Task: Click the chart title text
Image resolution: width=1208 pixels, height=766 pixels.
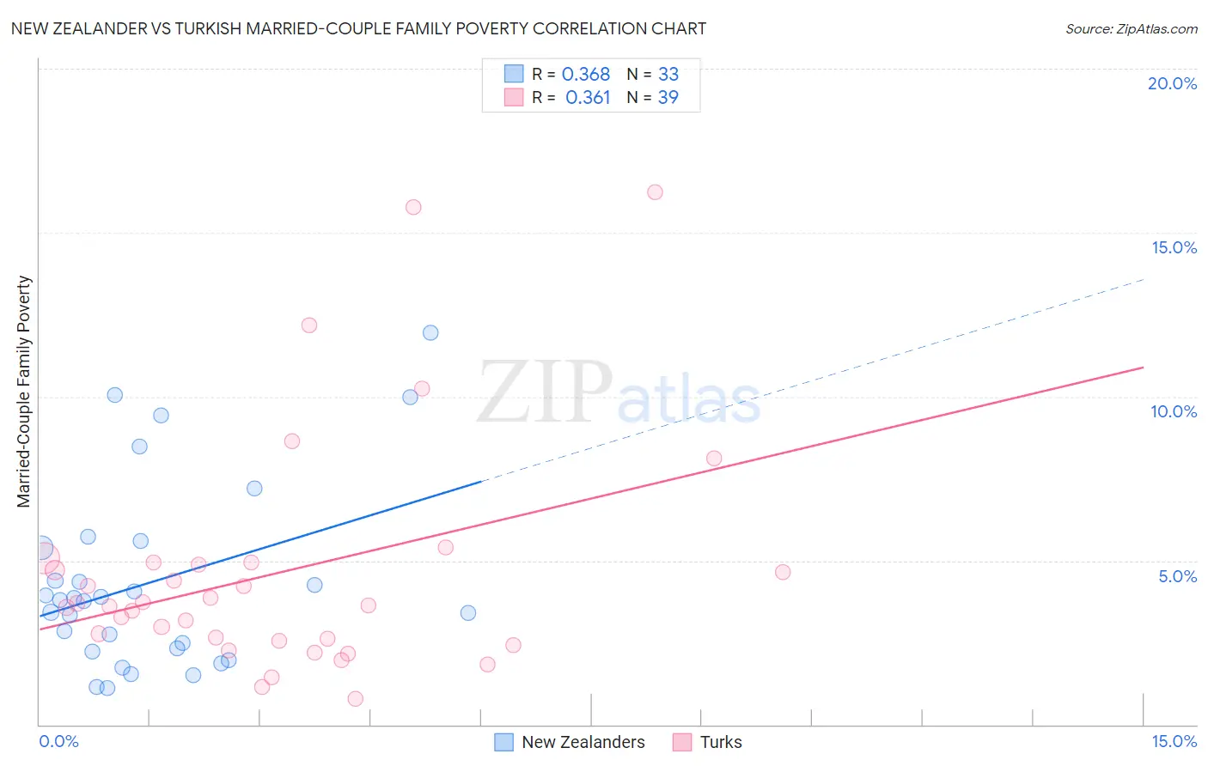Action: (358, 28)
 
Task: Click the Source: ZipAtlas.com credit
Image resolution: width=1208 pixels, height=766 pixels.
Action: (1131, 29)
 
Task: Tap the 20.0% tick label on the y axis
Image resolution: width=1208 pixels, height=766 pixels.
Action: (1172, 83)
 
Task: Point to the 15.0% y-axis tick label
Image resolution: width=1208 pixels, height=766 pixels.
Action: (1174, 247)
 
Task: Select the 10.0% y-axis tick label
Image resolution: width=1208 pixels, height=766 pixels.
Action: (1174, 411)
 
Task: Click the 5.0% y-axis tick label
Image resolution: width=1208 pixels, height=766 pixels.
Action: (1177, 576)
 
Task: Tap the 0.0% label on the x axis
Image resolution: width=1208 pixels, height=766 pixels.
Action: (58, 741)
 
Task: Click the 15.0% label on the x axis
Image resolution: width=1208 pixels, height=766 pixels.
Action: (1174, 741)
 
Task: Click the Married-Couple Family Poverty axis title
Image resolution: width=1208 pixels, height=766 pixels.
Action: (24, 392)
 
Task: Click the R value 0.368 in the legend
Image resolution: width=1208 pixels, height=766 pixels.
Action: (586, 75)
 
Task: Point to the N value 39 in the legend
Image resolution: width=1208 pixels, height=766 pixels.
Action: (668, 98)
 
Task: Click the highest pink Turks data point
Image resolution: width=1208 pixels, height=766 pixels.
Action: (655, 192)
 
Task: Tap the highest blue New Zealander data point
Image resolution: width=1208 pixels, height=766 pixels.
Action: (430, 332)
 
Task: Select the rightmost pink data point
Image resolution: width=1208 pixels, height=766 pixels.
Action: (782, 572)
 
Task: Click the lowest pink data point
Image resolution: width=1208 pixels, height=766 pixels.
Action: (355, 699)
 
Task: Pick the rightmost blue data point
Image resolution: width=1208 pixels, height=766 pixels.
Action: (468, 613)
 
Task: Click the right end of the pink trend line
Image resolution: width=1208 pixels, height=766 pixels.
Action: (1143, 368)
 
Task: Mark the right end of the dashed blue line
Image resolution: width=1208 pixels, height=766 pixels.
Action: (1144, 279)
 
